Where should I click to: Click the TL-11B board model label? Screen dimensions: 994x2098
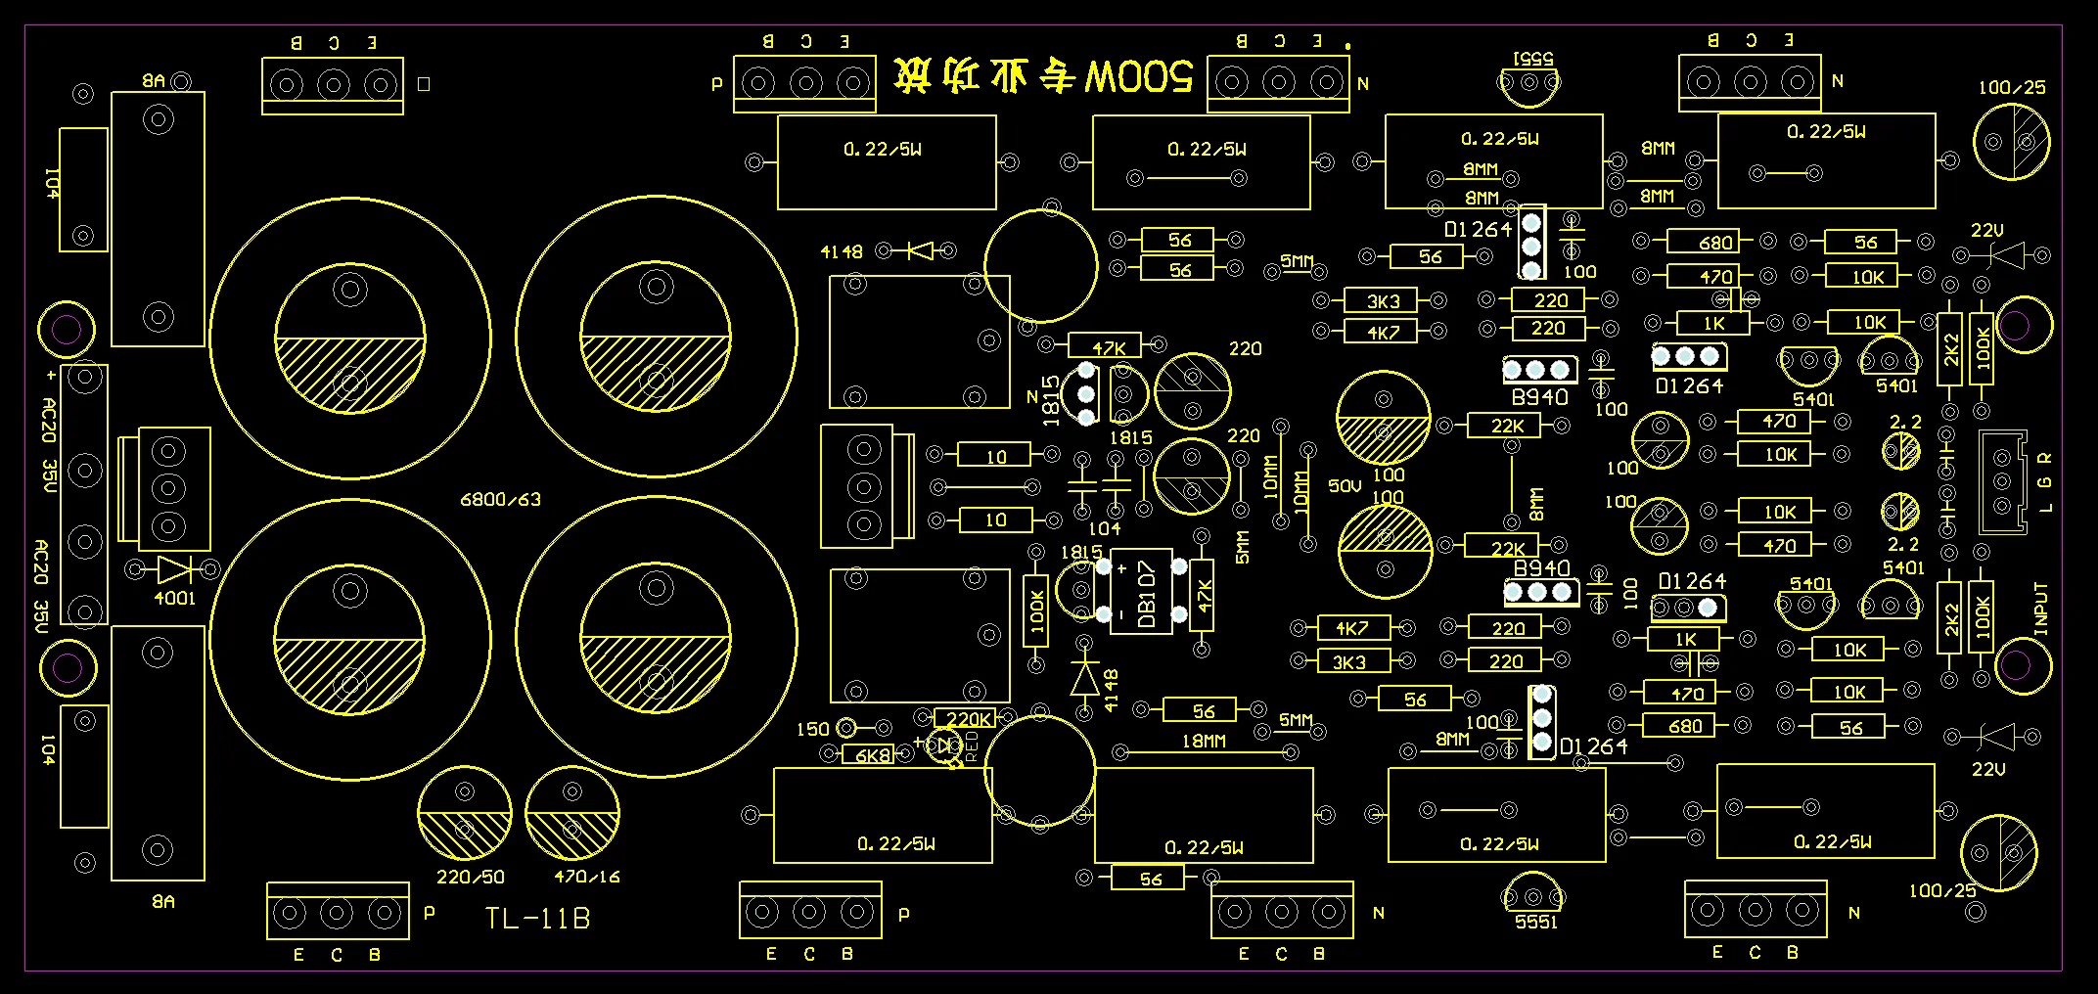(x=537, y=919)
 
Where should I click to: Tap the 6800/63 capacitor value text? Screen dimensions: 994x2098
(x=500, y=500)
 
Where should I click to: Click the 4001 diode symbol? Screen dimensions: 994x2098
(x=174, y=569)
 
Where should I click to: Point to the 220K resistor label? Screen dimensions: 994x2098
(x=969, y=719)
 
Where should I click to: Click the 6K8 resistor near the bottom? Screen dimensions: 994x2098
(x=873, y=755)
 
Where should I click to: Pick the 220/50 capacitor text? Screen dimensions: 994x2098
(x=470, y=878)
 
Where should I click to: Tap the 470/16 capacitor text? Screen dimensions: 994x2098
(x=586, y=878)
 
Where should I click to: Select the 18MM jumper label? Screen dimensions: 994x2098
(x=1203, y=742)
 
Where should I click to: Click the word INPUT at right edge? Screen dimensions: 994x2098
(x=2041, y=610)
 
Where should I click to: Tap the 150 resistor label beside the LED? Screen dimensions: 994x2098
(x=812, y=729)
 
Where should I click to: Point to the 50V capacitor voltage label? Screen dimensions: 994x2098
(x=1345, y=485)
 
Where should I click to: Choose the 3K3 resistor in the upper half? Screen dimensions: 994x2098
(x=1384, y=301)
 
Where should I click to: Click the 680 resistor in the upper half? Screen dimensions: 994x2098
(x=1715, y=242)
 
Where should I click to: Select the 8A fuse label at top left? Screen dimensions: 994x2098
(x=155, y=81)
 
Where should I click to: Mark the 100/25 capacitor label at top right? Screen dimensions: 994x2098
(x=2011, y=88)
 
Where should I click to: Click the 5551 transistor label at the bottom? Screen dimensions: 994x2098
(x=1535, y=922)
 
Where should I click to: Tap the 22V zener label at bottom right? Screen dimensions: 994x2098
(x=1988, y=770)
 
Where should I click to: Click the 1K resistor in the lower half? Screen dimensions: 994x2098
(x=1686, y=640)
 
